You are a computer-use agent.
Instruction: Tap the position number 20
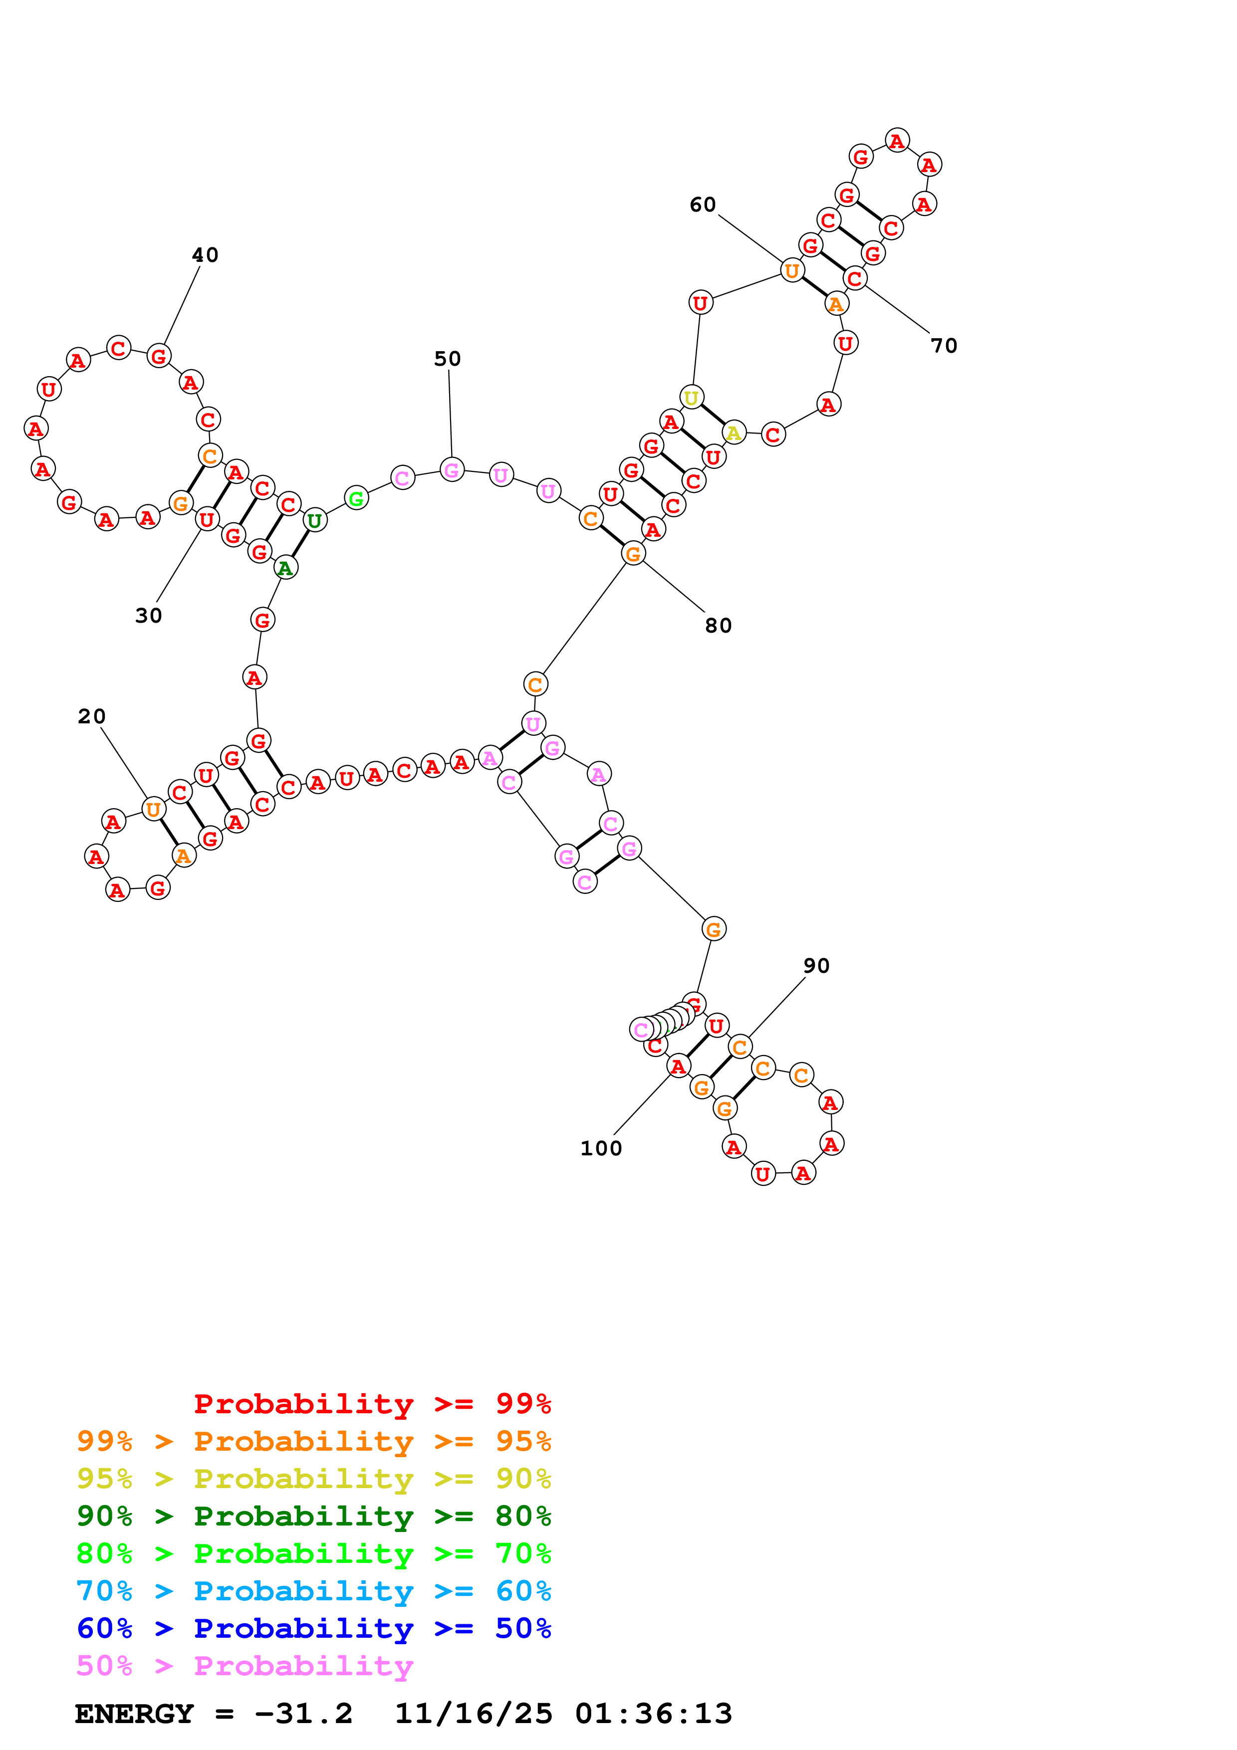[x=91, y=716]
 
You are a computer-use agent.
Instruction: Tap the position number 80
[x=718, y=625]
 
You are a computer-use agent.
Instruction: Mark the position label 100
[x=601, y=1148]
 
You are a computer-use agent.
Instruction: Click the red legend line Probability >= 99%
[x=372, y=1403]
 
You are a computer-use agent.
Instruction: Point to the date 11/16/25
[x=473, y=1714]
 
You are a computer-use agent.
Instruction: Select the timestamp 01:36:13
[x=653, y=1714]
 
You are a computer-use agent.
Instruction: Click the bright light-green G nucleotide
[x=356, y=498]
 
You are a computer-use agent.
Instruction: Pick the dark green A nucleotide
[x=285, y=568]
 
